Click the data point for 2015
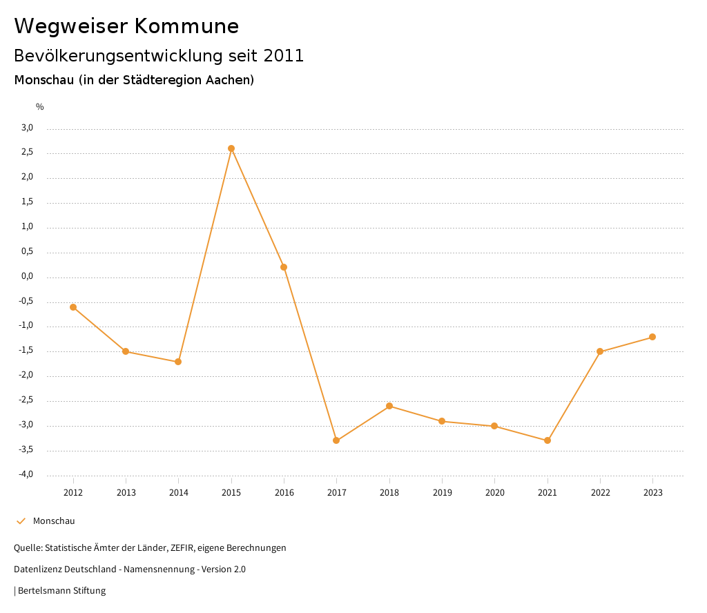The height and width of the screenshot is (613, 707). point(231,148)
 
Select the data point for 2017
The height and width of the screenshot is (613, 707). point(336,440)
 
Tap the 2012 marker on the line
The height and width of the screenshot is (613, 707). point(73,307)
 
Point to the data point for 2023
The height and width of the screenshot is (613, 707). point(652,337)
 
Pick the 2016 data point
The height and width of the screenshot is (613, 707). point(284,267)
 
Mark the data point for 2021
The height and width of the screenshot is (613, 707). point(548,440)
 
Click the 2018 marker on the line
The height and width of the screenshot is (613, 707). point(389,406)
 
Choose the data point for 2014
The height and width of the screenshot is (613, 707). point(178,362)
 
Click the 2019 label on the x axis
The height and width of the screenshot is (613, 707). point(442,493)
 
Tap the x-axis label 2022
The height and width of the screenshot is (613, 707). point(600,493)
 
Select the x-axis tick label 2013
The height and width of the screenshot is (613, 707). point(126,493)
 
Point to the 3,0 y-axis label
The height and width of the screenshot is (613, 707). point(27,128)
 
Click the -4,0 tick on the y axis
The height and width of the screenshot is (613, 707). point(26,475)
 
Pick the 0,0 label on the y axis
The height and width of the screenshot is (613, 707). point(27,277)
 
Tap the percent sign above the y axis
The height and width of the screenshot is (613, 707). point(40,107)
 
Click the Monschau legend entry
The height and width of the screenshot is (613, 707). point(54,521)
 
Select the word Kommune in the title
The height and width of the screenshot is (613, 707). point(187,26)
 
